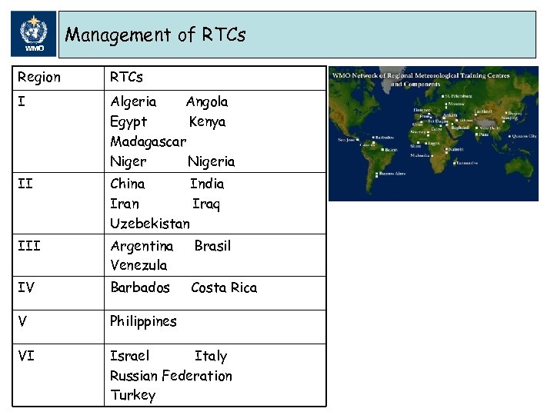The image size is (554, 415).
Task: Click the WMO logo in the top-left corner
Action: pos(34,35)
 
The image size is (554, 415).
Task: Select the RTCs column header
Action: pos(126,78)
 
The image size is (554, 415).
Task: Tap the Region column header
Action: pos(38,78)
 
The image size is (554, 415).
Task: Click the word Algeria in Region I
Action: pos(133,101)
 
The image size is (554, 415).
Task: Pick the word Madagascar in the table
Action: pos(148,141)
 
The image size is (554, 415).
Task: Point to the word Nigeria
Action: pos(211,161)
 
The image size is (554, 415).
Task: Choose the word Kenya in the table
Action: pos(207,121)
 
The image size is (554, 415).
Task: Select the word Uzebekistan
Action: pos(149,224)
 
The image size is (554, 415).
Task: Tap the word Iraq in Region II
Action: pos(205,204)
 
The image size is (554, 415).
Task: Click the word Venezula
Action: pos(138,265)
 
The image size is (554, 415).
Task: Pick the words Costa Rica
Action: pos(224,287)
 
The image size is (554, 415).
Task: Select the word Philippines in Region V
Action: pos(143,321)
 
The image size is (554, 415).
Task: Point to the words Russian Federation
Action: pos(171,376)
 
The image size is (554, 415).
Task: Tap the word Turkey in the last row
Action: pos(132,395)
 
